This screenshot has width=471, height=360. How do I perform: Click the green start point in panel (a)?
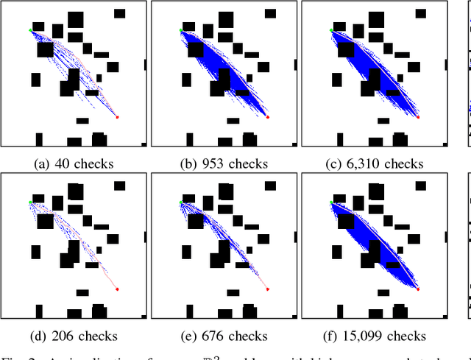[x=30, y=30]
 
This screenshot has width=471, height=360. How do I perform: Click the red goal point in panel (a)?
[x=117, y=117]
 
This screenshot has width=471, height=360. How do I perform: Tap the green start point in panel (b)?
[x=180, y=30]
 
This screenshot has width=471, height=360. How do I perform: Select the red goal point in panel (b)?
[x=267, y=117]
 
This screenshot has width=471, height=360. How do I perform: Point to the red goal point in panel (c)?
[x=418, y=117]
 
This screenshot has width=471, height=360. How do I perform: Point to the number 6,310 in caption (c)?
[x=366, y=164]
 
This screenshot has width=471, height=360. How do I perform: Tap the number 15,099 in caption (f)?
[x=366, y=336]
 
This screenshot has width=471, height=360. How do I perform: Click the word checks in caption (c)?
[x=406, y=164]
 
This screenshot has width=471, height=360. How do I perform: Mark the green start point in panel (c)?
[x=331, y=30]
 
